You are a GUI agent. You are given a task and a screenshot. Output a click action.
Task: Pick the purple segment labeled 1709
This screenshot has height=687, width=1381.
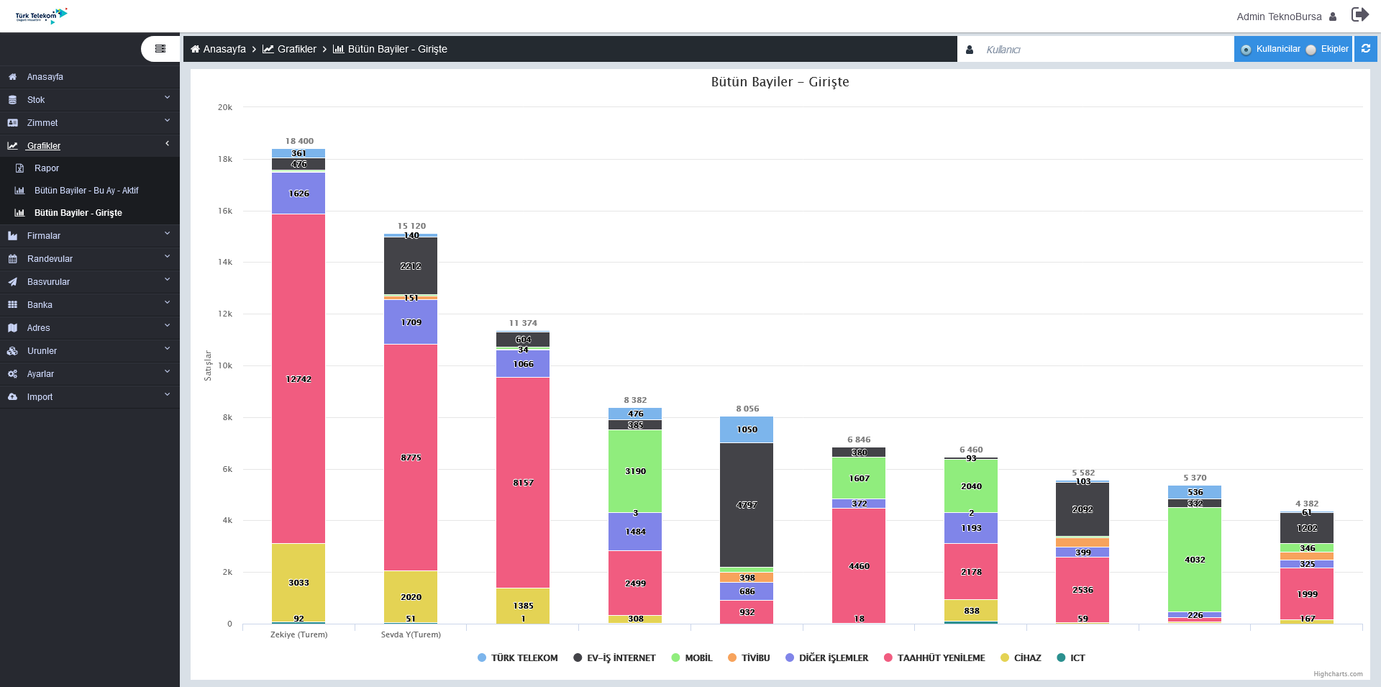click(411, 322)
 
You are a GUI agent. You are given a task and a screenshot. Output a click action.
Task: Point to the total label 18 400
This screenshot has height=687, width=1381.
click(299, 141)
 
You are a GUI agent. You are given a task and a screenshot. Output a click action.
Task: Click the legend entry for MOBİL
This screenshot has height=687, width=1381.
click(692, 658)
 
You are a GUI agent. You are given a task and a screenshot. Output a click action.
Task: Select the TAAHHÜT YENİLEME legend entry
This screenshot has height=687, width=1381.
click(934, 658)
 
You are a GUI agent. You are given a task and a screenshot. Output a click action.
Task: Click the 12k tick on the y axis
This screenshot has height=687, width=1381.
click(225, 314)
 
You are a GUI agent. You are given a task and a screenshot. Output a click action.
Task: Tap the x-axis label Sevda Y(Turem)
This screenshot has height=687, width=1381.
click(411, 634)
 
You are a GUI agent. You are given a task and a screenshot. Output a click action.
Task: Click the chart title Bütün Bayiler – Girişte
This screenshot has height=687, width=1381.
click(780, 82)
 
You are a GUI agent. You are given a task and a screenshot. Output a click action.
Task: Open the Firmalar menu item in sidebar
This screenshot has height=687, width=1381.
click(44, 236)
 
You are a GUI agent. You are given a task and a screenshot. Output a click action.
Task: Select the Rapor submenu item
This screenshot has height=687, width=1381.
click(47, 168)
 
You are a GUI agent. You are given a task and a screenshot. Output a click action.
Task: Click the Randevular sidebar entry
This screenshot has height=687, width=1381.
click(50, 259)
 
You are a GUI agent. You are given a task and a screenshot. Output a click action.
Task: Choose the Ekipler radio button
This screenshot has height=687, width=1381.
click(1311, 50)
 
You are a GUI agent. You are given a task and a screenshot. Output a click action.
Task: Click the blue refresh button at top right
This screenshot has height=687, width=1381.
click(1365, 49)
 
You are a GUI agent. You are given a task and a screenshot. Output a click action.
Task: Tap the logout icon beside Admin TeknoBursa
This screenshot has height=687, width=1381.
click(1359, 15)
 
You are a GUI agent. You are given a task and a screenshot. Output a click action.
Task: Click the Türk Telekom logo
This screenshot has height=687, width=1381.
click(41, 16)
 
